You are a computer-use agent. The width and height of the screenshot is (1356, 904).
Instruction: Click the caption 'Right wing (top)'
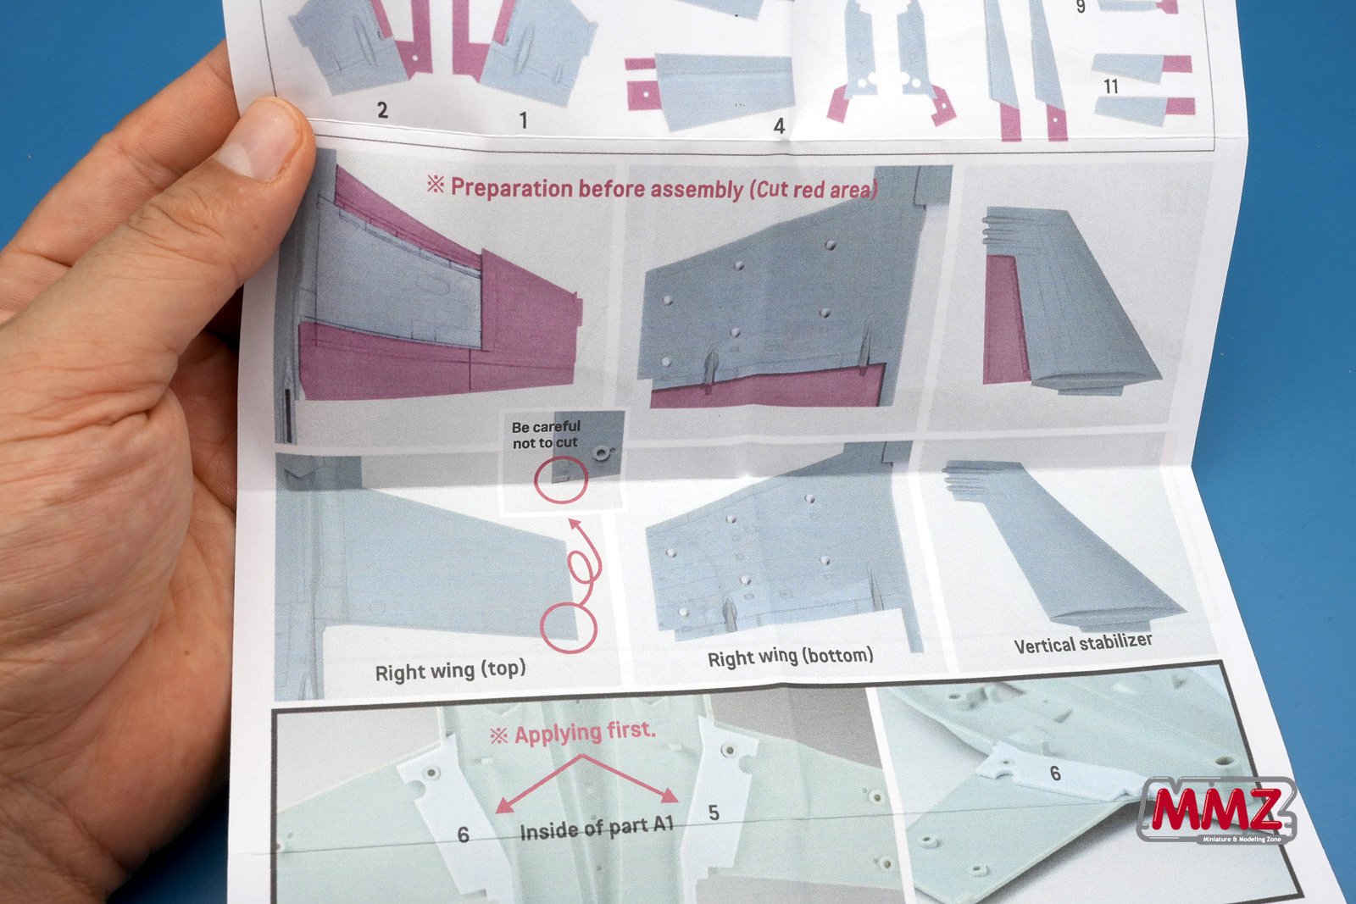click(450, 670)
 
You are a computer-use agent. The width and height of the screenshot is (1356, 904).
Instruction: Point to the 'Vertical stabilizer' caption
click(1083, 643)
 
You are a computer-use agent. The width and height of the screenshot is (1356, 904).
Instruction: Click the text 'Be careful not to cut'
click(546, 435)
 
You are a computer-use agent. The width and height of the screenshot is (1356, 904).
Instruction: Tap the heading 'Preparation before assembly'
click(597, 188)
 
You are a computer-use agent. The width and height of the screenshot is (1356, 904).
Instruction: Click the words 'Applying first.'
click(585, 732)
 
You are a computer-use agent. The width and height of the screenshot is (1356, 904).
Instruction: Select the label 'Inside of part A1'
click(597, 829)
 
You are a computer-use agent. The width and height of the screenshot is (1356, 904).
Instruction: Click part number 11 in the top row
click(1110, 86)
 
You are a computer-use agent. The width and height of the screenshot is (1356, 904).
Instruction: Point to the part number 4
click(779, 126)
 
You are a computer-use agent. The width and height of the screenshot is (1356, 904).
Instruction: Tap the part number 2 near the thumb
click(382, 110)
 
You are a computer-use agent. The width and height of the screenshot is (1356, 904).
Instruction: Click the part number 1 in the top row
click(523, 120)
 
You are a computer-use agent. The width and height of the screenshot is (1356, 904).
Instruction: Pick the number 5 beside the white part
click(714, 812)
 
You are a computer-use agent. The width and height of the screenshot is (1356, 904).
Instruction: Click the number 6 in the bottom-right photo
click(1055, 773)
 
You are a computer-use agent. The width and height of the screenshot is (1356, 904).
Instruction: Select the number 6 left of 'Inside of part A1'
click(463, 835)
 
